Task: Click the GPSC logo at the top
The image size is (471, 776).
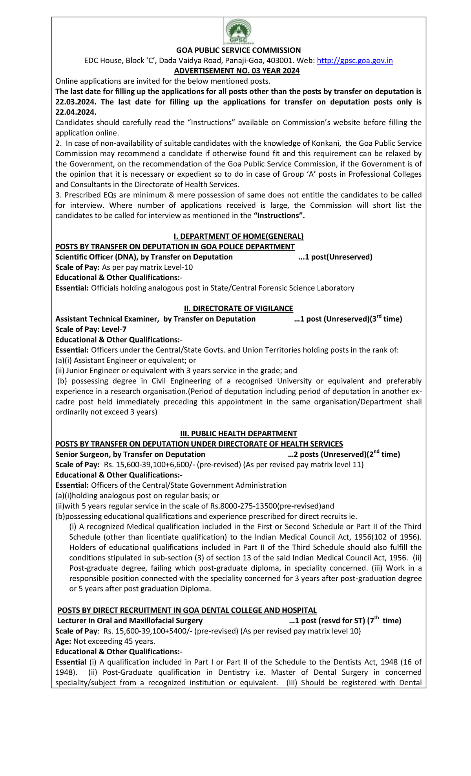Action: point(238,31)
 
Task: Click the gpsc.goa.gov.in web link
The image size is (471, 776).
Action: point(354,60)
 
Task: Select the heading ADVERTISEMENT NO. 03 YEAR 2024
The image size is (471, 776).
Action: point(237,71)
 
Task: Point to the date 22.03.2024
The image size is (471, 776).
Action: point(76,102)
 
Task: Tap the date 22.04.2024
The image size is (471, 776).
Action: point(76,112)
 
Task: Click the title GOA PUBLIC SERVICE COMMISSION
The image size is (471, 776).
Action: point(238,50)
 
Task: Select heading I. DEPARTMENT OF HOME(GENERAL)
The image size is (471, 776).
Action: point(238,236)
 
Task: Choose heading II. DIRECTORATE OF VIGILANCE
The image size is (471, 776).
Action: point(238,308)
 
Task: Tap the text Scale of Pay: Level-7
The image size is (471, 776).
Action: point(91,329)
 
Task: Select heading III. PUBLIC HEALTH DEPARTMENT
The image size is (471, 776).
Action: point(238,433)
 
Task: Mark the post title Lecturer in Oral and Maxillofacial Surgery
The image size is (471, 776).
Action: point(130,620)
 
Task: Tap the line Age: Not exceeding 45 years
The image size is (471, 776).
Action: point(105,641)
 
